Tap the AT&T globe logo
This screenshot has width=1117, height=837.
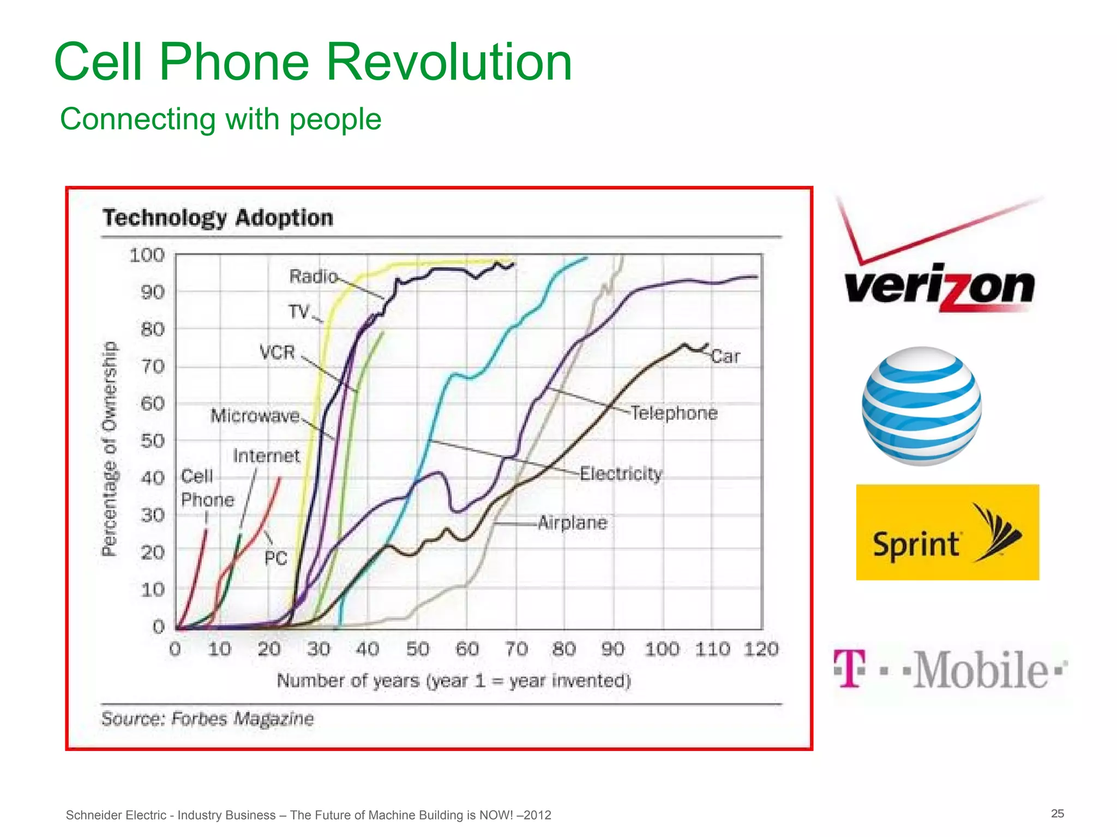922,406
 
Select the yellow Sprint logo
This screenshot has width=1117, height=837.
947,532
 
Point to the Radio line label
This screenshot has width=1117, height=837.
313,276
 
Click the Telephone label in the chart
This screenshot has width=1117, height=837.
674,413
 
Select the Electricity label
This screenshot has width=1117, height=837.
621,474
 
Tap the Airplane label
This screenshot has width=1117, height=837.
572,523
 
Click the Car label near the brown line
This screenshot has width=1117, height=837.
725,356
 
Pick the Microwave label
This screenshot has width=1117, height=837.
255,416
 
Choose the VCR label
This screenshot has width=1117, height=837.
277,353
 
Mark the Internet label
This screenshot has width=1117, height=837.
266,456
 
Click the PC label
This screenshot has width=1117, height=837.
275,558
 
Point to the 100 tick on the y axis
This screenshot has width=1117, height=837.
147,255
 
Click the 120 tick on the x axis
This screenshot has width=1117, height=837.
761,649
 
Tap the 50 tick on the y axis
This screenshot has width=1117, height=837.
152,441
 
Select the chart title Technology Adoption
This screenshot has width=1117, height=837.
218,218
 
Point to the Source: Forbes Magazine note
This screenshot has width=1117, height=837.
208,719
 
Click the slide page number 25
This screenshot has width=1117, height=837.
1057,814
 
